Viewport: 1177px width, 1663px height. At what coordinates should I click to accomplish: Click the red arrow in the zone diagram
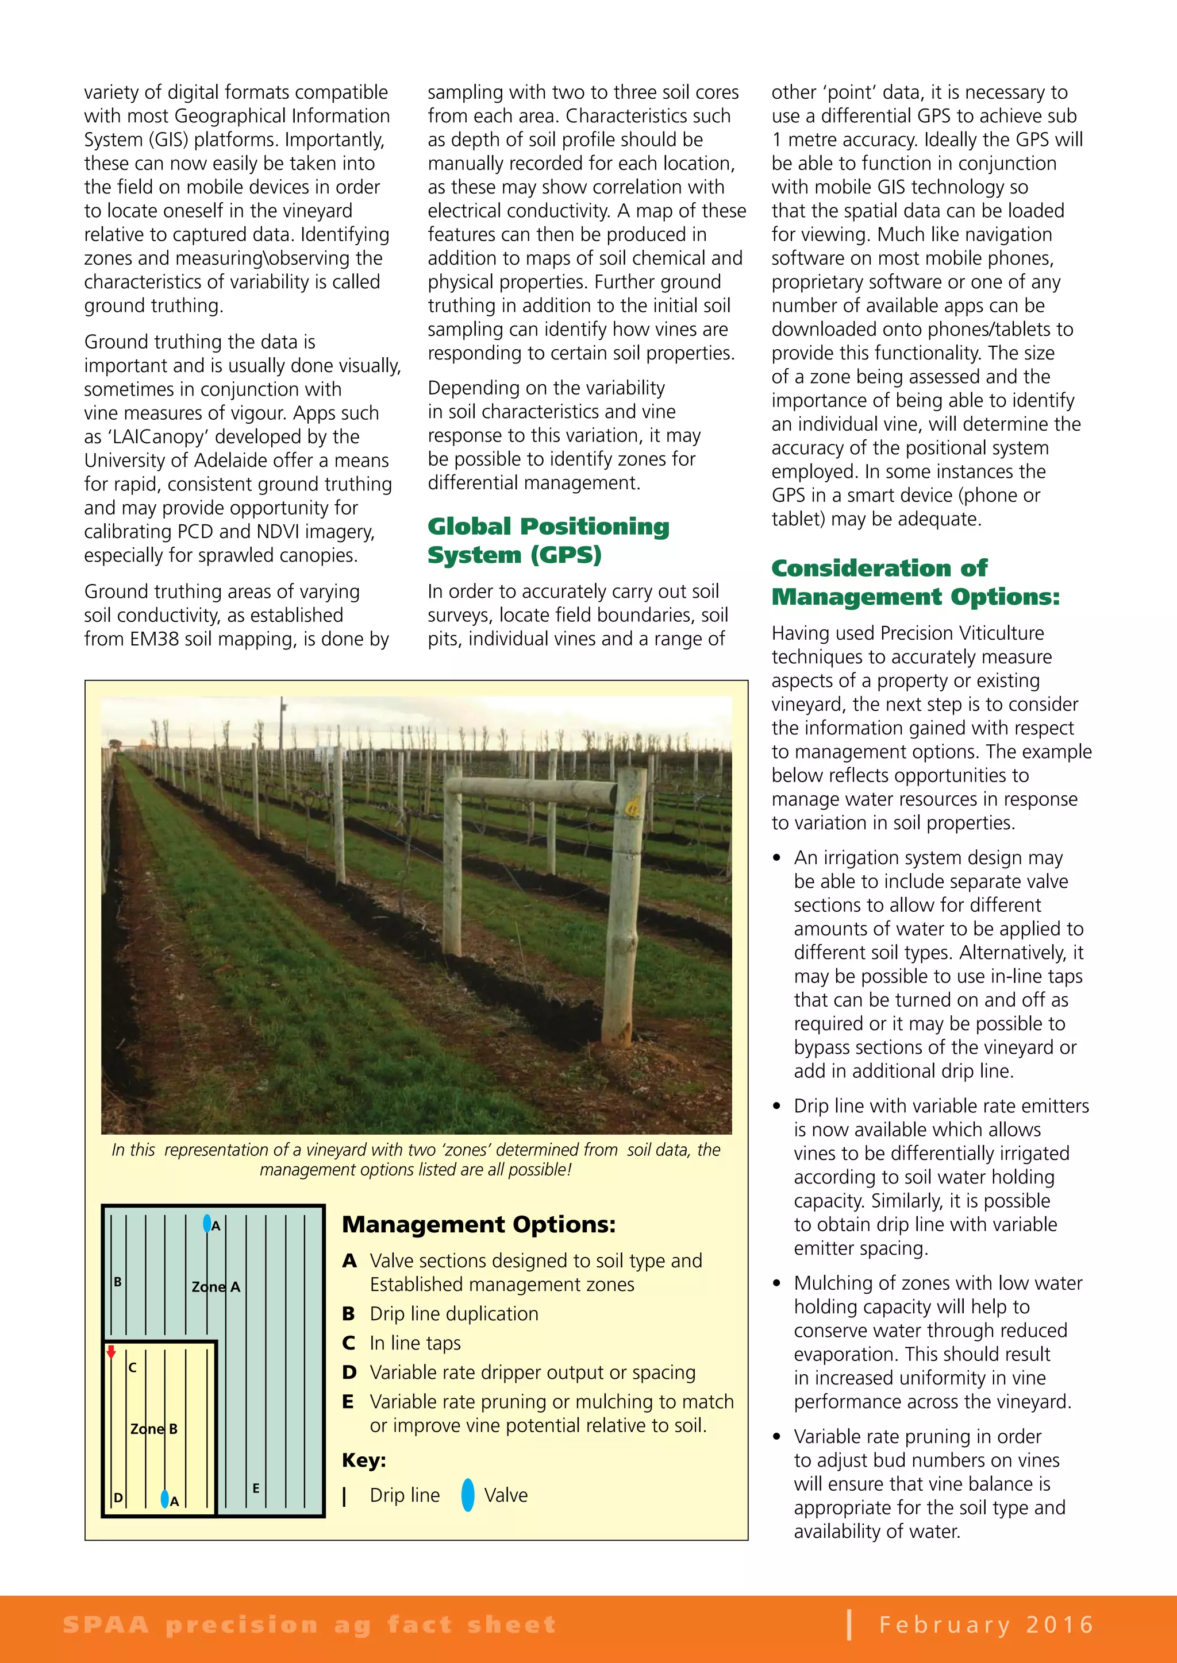[111, 1352]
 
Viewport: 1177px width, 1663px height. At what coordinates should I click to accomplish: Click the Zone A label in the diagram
[216, 1287]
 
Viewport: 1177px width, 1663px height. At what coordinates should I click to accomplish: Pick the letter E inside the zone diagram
[256, 1488]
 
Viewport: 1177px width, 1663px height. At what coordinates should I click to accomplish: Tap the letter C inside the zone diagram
[132, 1367]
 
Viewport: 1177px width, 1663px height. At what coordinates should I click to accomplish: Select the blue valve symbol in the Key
[468, 1495]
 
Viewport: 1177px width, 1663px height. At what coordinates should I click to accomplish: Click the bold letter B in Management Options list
[349, 1314]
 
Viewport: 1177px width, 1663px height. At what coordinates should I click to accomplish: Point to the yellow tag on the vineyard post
[633, 807]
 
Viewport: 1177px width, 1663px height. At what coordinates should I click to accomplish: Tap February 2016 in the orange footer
[986, 1625]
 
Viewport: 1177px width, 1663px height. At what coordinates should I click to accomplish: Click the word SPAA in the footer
[106, 1625]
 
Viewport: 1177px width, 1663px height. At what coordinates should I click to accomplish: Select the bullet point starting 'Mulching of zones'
[931, 1341]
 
